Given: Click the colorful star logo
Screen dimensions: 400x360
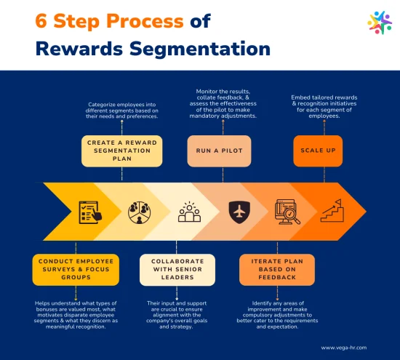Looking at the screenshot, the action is click(x=380, y=23).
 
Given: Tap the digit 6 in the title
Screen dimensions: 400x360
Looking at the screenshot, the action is click(x=41, y=20).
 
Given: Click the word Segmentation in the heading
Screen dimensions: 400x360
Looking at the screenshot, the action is click(x=200, y=49).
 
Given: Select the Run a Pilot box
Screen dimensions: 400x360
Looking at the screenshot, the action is click(x=219, y=151).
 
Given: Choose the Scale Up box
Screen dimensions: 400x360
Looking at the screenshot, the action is click(x=318, y=151).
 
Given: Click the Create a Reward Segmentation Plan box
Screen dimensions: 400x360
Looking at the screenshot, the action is click(x=122, y=151).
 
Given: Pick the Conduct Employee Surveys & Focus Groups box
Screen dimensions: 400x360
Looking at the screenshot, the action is click(x=76, y=269).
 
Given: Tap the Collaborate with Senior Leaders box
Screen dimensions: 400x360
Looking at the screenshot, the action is click(x=177, y=269).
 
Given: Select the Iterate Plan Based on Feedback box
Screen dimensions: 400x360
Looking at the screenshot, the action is click(x=277, y=269).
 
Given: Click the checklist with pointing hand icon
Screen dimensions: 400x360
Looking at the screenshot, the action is click(x=90, y=212).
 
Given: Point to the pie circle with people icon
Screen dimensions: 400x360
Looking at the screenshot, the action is click(x=140, y=212).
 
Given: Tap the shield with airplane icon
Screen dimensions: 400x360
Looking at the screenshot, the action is click(x=239, y=212).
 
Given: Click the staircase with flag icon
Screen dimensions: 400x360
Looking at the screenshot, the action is click(x=332, y=211).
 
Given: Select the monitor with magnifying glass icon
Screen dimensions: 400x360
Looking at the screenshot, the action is click(x=287, y=212).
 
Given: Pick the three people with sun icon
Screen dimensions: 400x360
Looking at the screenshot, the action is click(x=189, y=212).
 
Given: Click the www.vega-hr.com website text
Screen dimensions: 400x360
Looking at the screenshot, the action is click(x=343, y=348).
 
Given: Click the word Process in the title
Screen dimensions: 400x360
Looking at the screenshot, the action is click(x=145, y=20).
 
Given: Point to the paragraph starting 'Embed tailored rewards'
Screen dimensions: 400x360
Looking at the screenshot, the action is click(x=324, y=107).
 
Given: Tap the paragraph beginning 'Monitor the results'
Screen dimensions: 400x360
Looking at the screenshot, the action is click(x=223, y=103).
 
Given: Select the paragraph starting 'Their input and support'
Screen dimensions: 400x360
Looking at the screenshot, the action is click(x=177, y=315).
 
